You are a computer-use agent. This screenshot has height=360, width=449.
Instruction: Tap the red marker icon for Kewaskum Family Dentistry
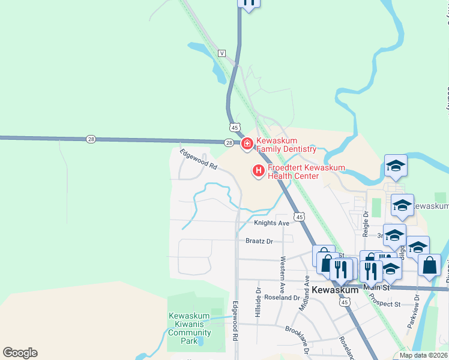point(246,144)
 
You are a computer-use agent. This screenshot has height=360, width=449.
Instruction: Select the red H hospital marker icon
point(259,172)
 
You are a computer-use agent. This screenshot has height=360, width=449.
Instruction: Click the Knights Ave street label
point(271,223)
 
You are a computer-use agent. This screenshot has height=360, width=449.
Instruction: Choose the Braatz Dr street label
point(259,241)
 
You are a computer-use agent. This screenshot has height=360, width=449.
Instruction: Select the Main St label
point(377,288)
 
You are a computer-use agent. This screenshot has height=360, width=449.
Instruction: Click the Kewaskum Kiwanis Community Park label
point(189,328)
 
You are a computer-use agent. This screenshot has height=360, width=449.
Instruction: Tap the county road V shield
point(222,53)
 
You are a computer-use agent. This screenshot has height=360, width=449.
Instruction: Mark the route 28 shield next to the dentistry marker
point(229,143)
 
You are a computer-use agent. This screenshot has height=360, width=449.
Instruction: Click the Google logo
point(20,353)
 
